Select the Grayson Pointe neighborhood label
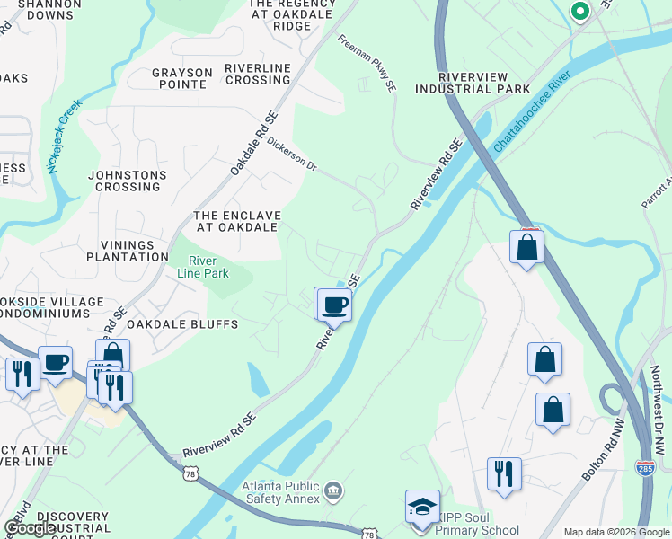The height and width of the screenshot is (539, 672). pos(179,78)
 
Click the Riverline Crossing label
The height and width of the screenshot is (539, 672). pos(257,74)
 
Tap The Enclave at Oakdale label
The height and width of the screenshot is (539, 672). pos(237,221)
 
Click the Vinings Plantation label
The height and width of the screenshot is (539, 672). pos(128,250)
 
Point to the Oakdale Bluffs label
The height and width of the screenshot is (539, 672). pos(181,324)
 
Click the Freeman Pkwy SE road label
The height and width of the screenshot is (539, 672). pos(367,64)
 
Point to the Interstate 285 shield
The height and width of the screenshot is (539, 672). pos(644,467)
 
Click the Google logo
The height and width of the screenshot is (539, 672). pos(31,527)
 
